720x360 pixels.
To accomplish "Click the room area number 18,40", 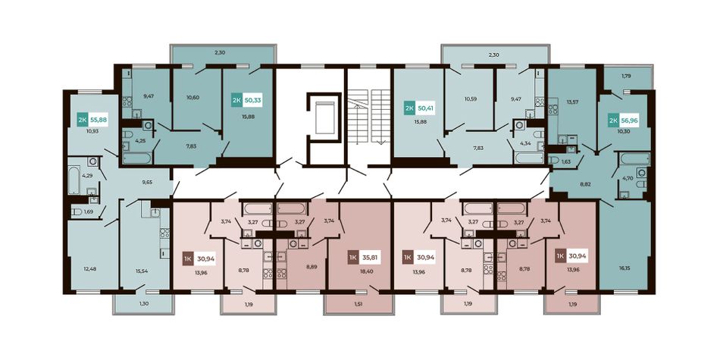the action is point(365,272).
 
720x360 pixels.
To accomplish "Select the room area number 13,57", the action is point(574,102).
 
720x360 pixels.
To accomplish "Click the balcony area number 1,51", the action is point(359,303).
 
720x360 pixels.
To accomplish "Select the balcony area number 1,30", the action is point(144,303).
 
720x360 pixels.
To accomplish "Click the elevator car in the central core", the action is point(325,117).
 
